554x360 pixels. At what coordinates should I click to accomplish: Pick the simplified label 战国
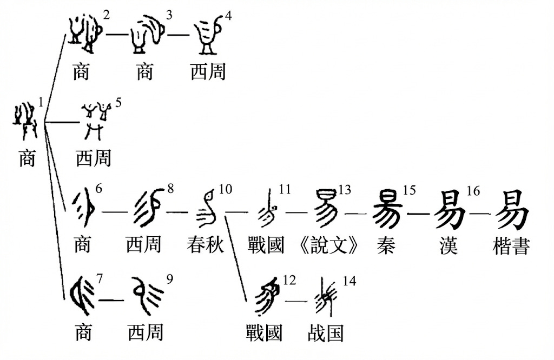tap(326, 332)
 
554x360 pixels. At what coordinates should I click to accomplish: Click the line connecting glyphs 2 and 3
tap(117, 35)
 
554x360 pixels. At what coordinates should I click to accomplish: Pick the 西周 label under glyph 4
tap(208, 71)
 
